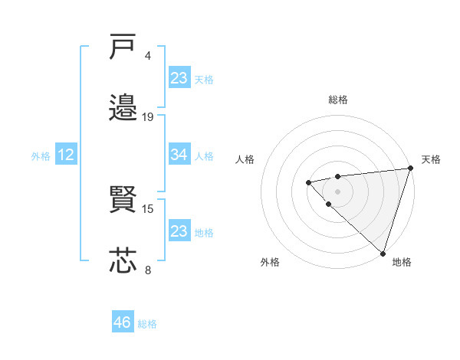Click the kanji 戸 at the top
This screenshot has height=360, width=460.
click(x=123, y=47)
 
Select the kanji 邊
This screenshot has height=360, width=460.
click(x=123, y=108)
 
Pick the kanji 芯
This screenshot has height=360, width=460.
click(x=123, y=260)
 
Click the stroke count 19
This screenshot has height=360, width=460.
click(x=148, y=116)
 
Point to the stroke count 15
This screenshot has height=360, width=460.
click(x=148, y=208)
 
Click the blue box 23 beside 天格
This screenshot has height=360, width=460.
click(x=179, y=78)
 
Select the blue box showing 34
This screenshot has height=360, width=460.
click(x=179, y=155)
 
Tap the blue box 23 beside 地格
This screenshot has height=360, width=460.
click(x=179, y=231)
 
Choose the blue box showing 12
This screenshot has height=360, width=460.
click(x=66, y=155)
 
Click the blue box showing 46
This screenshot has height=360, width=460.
click(x=123, y=322)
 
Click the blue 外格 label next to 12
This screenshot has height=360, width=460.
click(x=41, y=156)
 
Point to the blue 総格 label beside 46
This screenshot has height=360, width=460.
click(x=147, y=324)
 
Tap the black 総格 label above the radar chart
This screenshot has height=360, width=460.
click(x=337, y=100)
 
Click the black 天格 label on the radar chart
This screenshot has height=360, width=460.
click(x=432, y=159)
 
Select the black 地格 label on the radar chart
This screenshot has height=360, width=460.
click(x=402, y=262)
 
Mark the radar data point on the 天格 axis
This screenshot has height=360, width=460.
click(x=410, y=169)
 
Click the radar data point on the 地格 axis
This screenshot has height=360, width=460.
click(x=382, y=253)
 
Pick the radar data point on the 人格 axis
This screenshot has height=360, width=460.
click(x=308, y=182)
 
